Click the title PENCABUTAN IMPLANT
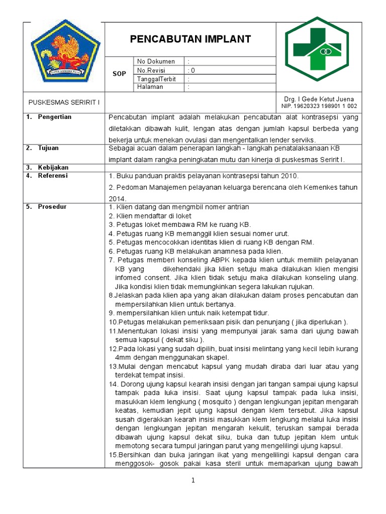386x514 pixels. [190, 40]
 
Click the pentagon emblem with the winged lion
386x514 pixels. [66, 50]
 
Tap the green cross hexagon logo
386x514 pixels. [316, 50]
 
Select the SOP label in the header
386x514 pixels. [119, 74]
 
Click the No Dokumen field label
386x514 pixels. [156, 62]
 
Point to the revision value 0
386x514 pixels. [193, 70]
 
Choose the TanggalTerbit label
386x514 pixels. [158, 79]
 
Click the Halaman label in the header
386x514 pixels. [150, 87]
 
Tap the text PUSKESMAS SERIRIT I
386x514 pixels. [64, 102]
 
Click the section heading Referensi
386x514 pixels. [53, 176]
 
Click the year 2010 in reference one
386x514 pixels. [289, 176]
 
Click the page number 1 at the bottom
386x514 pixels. [192, 480]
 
